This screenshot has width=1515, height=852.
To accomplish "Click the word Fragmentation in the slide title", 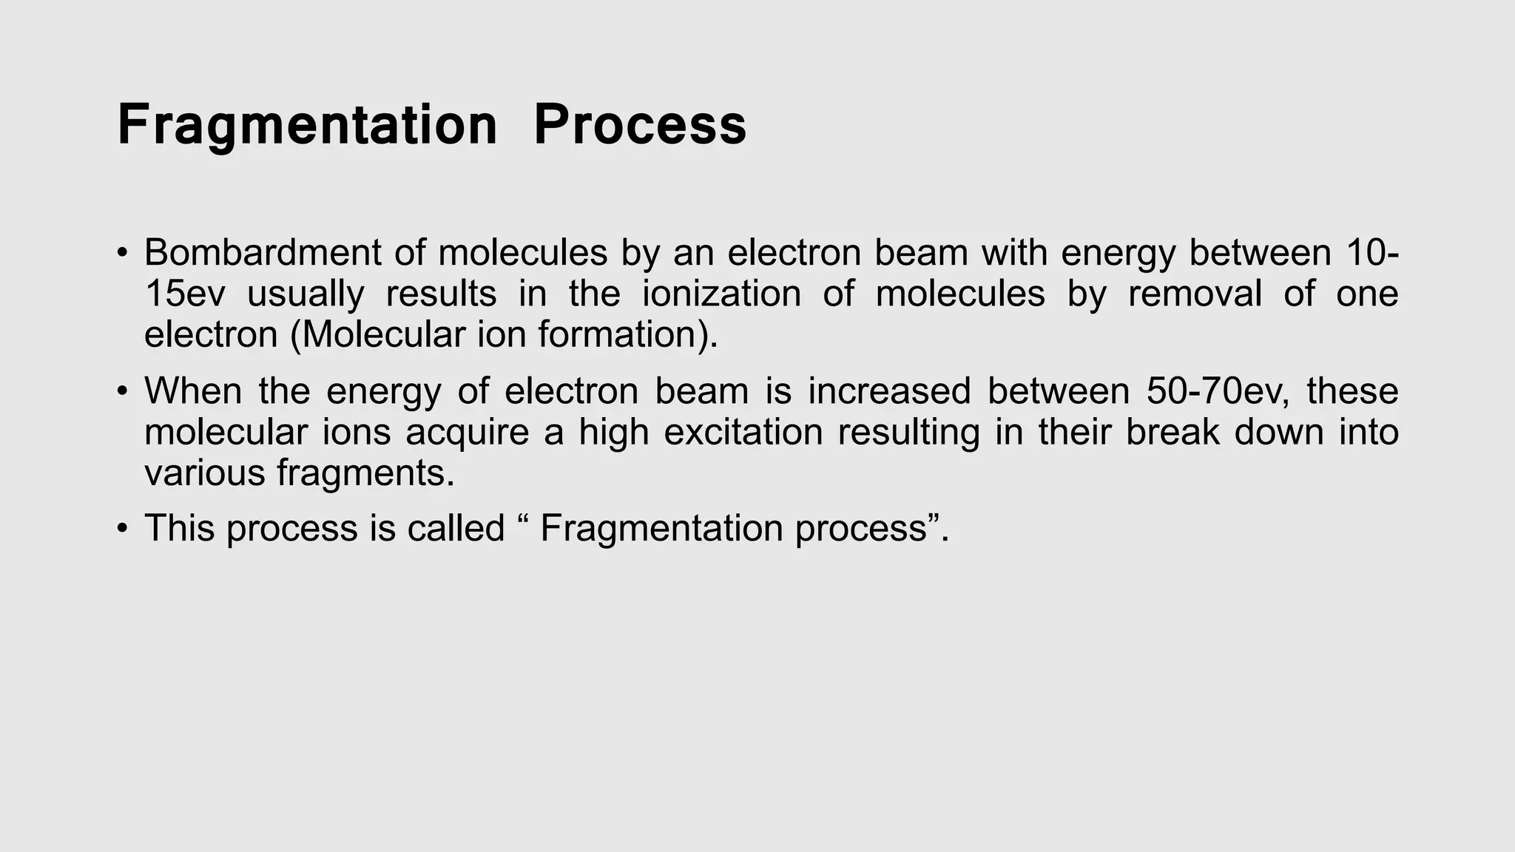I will pos(307,125).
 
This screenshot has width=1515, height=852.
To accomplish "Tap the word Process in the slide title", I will pos(640,125).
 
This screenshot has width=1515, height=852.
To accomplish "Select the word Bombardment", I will pos(262,253).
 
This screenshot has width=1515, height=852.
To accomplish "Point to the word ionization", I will pos(721,294).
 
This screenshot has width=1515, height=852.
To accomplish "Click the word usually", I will pos(306,294).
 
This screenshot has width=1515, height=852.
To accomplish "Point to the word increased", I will pos(888,391).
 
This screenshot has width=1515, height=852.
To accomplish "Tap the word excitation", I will pos(743,432).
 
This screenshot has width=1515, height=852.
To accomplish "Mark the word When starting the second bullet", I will pos(193,391).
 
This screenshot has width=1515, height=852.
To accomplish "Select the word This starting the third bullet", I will pos(179,528).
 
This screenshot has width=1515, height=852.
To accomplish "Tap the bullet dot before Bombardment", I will pos(122,254).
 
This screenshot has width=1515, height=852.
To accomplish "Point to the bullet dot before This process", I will pos(122,529).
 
